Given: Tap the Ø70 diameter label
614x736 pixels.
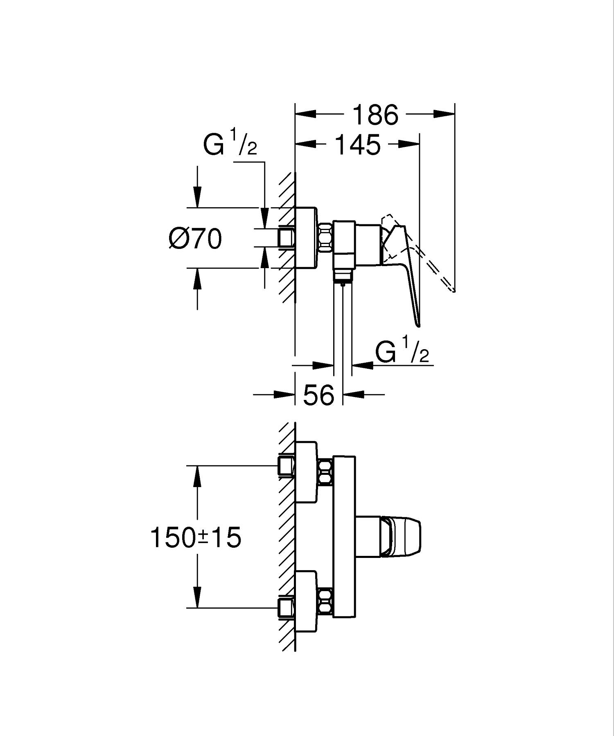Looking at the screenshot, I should (195, 239).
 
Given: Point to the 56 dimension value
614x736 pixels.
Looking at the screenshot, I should (319, 395).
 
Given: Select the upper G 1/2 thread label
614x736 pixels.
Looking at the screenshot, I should (230, 143).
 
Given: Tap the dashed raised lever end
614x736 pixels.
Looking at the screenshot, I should (451, 288).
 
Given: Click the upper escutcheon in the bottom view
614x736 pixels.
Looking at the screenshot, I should (306, 472).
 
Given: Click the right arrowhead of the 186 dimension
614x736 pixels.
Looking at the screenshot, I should (444, 114).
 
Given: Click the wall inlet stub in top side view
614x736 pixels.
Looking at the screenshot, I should (286, 237).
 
